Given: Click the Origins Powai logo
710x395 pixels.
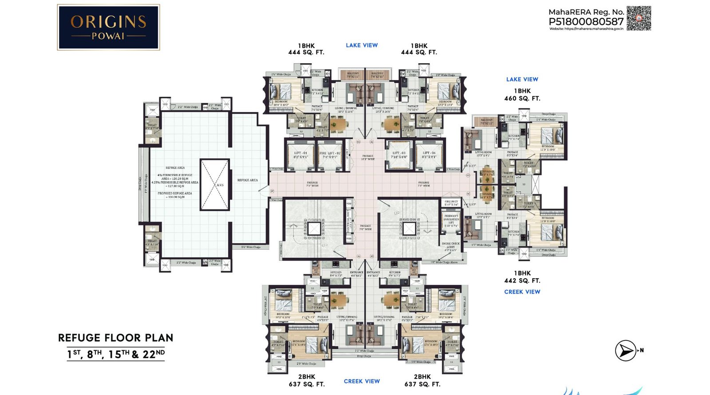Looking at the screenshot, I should tap(108, 27).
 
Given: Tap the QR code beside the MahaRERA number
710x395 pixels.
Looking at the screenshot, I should tap(638, 18).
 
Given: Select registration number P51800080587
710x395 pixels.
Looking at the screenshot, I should tap(586, 21).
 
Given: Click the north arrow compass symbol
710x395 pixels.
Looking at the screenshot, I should tap(626, 351).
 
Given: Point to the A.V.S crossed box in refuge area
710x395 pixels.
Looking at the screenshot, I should tap(215, 185).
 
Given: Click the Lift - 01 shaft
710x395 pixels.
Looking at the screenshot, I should tap(300, 156).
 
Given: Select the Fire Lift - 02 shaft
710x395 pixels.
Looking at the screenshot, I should tap(329, 156).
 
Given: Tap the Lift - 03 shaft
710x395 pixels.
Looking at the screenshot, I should tap(399, 156).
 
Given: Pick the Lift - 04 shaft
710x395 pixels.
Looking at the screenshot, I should tap(429, 156).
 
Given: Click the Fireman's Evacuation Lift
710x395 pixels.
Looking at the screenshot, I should tap(451, 221).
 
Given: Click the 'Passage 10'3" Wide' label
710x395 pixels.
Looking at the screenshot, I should tap(367, 157).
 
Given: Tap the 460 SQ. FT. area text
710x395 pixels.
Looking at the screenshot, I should tap(522, 99).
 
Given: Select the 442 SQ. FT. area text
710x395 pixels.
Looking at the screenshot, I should tap(522, 281).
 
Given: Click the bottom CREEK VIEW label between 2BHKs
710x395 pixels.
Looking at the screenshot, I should tap(362, 381).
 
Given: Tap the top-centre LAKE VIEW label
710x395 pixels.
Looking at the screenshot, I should tap(362, 45).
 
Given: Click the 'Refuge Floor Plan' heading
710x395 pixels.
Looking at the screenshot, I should tap(115, 338).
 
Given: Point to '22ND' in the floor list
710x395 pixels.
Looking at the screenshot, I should tap(154, 354).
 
